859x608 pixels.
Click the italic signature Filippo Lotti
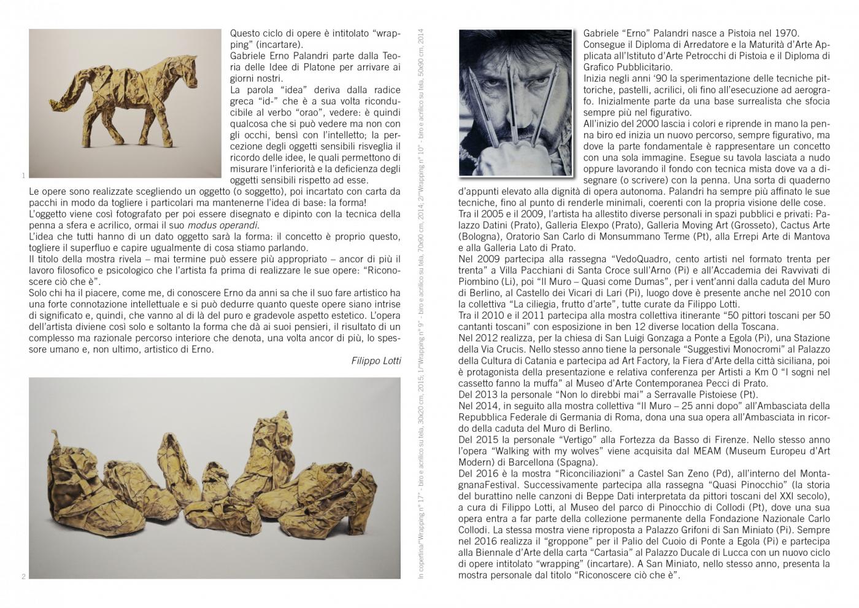point(376,361)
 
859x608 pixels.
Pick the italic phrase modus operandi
point(223,225)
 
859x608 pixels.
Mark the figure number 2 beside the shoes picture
point(23,576)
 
